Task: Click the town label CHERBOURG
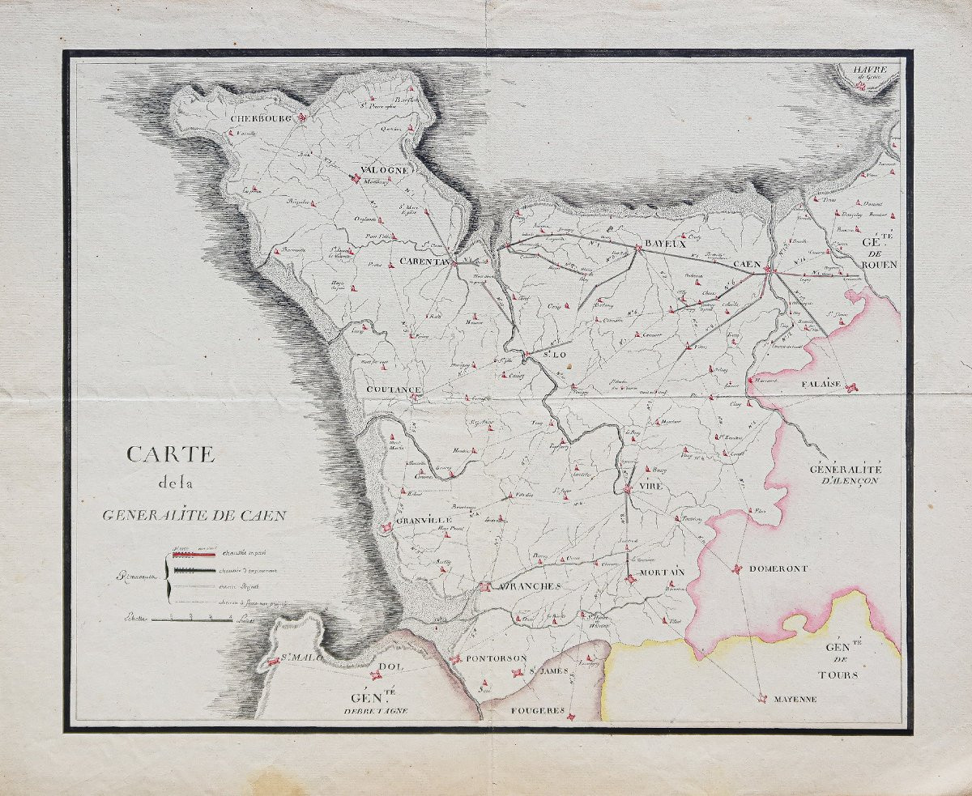click(260, 118)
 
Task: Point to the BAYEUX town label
click(665, 245)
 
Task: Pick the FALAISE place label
click(825, 385)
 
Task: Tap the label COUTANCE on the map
click(394, 390)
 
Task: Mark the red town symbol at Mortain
click(629, 577)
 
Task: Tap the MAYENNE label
click(795, 699)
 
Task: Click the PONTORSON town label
click(497, 658)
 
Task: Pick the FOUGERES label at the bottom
click(537, 710)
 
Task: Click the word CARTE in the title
click(170, 454)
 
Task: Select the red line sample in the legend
click(193, 555)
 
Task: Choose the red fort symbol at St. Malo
click(274, 662)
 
